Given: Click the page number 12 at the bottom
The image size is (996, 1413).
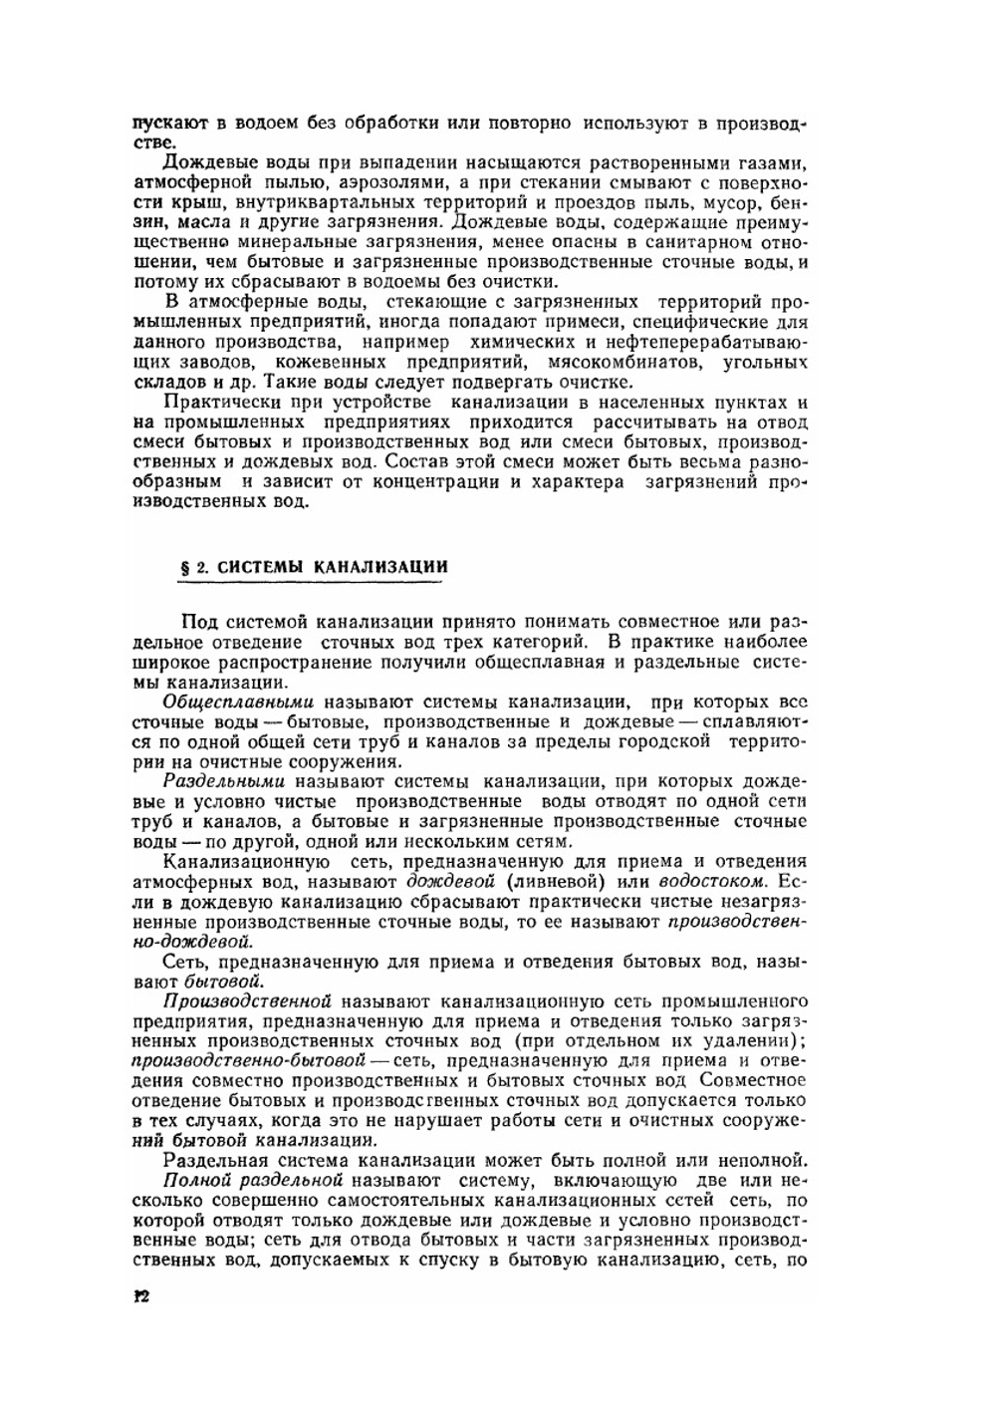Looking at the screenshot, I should pyautogui.click(x=140, y=1296).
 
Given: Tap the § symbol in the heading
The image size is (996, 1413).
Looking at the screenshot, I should pyautogui.click(x=181, y=568).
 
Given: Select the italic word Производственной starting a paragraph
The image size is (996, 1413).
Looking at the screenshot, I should pyautogui.click(x=246, y=1000).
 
